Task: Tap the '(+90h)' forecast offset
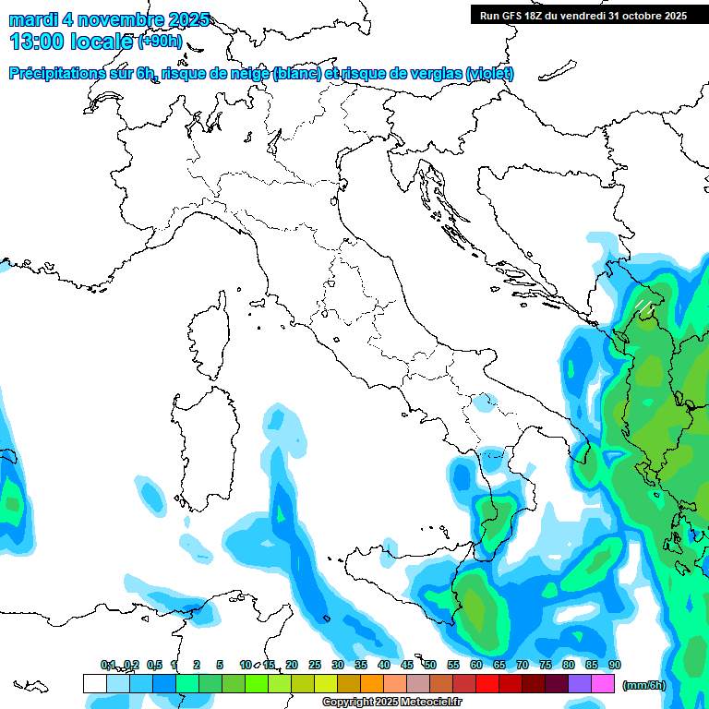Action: (x=160, y=41)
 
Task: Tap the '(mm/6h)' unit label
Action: (x=643, y=684)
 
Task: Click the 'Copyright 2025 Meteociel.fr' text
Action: (x=392, y=702)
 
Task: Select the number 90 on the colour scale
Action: (x=615, y=665)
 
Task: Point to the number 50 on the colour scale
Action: (x=430, y=665)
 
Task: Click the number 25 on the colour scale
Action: (x=315, y=665)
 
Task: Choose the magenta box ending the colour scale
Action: (x=603, y=683)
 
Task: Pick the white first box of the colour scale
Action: (x=94, y=683)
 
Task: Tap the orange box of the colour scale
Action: (x=372, y=683)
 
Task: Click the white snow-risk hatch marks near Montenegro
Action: (x=643, y=304)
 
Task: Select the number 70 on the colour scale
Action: (x=523, y=665)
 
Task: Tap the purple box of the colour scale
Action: (x=580, y=683)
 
